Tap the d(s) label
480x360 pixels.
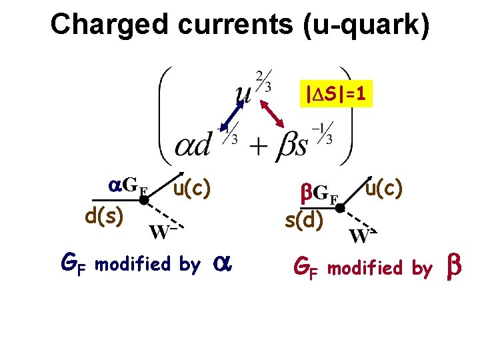pos(103,217)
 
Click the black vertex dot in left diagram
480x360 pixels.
pos(143,199)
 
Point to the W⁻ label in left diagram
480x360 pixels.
pos(163,232)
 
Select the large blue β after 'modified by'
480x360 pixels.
pos(453,268)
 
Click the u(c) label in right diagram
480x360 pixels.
pos(383,189)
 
